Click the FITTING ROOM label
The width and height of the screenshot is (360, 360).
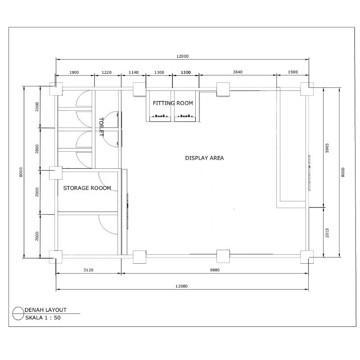(x=173, y=103)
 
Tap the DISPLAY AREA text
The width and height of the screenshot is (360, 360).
(x=204, y=158)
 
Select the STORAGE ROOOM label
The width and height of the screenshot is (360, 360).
(x=87, y=188)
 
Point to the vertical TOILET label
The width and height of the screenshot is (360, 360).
(x=101, y=127)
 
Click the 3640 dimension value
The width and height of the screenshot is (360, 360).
(x=238, y=72)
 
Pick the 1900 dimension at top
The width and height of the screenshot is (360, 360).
(x=74, y=72)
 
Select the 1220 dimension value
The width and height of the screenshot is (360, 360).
(x=107, y=72)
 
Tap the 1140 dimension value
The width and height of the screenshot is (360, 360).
(x=134, y=72)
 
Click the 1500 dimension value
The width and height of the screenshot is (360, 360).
(x=292, y=72)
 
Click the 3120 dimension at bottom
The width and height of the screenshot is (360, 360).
(x=88, y=270)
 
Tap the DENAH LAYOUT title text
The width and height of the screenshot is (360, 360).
(x=45, y=310)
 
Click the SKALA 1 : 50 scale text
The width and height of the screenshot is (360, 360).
(x=43, y=317)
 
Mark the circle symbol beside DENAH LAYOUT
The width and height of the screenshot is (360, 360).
(x=18, y=313)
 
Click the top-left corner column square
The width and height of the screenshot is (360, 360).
(x=56, y=89)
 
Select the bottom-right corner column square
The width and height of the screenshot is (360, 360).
(x=307, y=256)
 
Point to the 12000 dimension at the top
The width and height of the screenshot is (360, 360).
(x=182, y=56)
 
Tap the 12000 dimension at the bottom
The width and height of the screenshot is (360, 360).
(x=182, y=287)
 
